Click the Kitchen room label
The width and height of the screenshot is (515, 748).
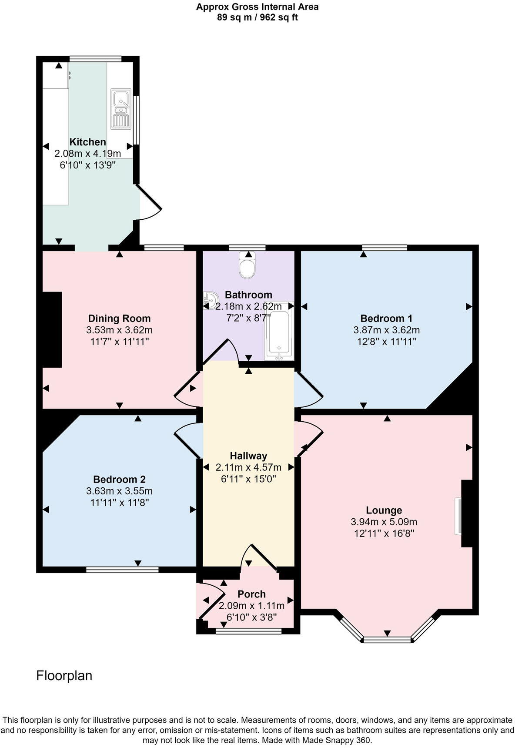(88, 142)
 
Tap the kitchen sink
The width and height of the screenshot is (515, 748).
(121, 109)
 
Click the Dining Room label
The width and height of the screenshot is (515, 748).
(119, 319)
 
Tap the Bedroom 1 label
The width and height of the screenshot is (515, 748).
(386, 319)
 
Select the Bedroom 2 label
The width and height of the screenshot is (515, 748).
(119, 480)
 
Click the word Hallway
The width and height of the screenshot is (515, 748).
(248, 456)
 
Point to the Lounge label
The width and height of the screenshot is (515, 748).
(384, 510)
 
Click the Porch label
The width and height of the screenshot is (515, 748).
(251, 594)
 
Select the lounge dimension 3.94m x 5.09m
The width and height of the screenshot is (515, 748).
(384, 522)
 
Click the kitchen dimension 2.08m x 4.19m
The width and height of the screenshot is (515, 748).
(88, 154)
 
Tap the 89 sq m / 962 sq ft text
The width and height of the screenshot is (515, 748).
(257, 18)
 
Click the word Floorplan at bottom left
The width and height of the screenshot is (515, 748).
(64, 676)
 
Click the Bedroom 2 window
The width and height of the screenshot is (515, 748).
(122, 569)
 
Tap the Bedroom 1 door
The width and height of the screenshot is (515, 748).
(310, 386)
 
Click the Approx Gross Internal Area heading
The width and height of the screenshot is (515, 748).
(257, 7)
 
